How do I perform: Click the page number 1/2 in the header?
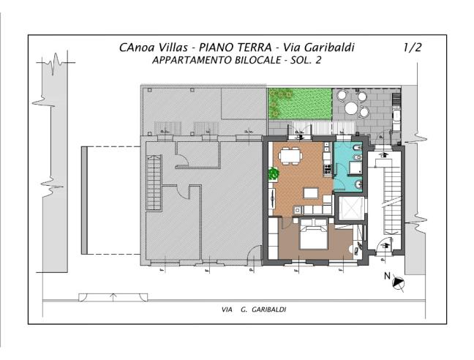pos(413,48)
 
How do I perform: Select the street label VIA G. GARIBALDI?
pos(254,310)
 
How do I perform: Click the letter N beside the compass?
pos(387,277)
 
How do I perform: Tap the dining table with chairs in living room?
pos(290,155)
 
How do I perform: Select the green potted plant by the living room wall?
pos(273,174)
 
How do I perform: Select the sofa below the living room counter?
pos(315,210)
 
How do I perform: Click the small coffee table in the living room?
pos(311,193)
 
